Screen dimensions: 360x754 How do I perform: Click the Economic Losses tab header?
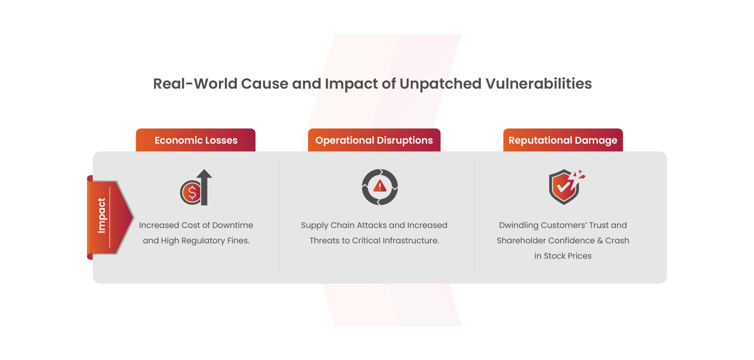(x=195, y=140)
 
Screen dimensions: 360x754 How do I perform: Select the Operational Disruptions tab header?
(x=374, y=140)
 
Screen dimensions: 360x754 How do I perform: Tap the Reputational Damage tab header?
(x=563, y=140)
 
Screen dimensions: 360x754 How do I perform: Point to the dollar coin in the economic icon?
(x=191, y=193)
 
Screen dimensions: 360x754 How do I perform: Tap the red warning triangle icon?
(x=380, y=186)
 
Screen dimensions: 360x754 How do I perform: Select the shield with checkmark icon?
(x=563, y=187)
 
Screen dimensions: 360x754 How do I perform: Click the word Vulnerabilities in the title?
(x=538, y=84)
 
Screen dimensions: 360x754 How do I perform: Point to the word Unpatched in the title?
(x=440, y=84)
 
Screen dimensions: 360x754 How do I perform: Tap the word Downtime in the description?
(x=233, y=225)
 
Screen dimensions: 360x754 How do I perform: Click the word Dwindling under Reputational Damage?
(x=518, y=225)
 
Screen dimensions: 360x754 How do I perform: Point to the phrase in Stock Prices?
(x=563, y=256)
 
